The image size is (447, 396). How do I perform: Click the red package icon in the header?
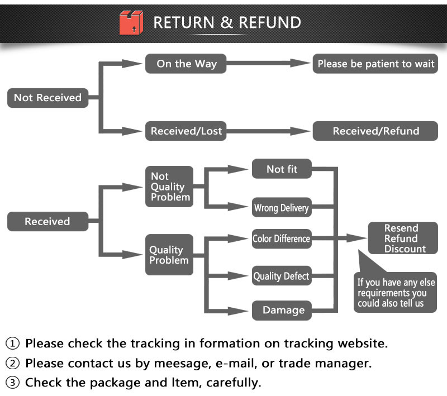(x=131, y=23)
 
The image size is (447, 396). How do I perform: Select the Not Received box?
(x=47, y=98)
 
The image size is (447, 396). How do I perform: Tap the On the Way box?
(x=186, y=64)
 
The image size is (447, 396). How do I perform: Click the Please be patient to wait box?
(x=375, y=64)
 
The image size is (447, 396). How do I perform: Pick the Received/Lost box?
(x=186, y=132)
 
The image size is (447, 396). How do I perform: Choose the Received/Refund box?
(x=375, y=132)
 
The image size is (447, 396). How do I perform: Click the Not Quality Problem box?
(x=169, y=187)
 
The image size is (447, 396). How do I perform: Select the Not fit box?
(x=282, y=169)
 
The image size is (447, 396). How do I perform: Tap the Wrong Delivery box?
(x=281, y=208)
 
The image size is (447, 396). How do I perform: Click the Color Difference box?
(x=281, y=238)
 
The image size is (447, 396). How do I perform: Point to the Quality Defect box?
(x=281, y=276)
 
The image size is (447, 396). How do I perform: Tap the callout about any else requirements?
(x=396, y=293)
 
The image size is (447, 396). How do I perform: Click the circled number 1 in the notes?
(x=12, y=343)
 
